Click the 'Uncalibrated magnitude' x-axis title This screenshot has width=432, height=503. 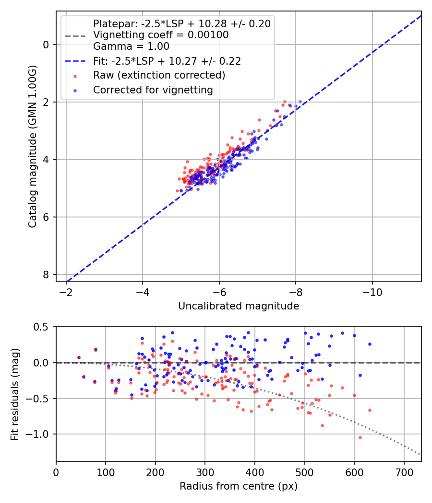tap(239, 306)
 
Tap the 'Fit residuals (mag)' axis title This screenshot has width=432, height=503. tap(15, 394)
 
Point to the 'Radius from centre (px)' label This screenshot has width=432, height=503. tap(239, 486)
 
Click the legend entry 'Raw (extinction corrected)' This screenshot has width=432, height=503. tap(159, 75)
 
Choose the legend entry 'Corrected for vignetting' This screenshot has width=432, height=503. tap(153, 90)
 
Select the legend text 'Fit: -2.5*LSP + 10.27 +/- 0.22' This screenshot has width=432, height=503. tap(167, 61)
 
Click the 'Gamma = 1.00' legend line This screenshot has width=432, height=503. tap(131, 46)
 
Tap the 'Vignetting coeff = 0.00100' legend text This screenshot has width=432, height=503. tap(161, 35)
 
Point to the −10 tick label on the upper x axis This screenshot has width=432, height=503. tap(372, 291)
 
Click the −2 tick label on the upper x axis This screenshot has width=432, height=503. tap(66, 291)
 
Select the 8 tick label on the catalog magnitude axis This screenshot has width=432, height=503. tap(46, 274)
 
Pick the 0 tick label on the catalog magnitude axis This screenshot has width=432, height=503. tap(46, 45)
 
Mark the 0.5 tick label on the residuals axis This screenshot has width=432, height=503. tap(42, 327)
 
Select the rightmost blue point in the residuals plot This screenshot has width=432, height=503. tap(370, 344)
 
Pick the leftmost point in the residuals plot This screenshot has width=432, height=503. tap(79, 357)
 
